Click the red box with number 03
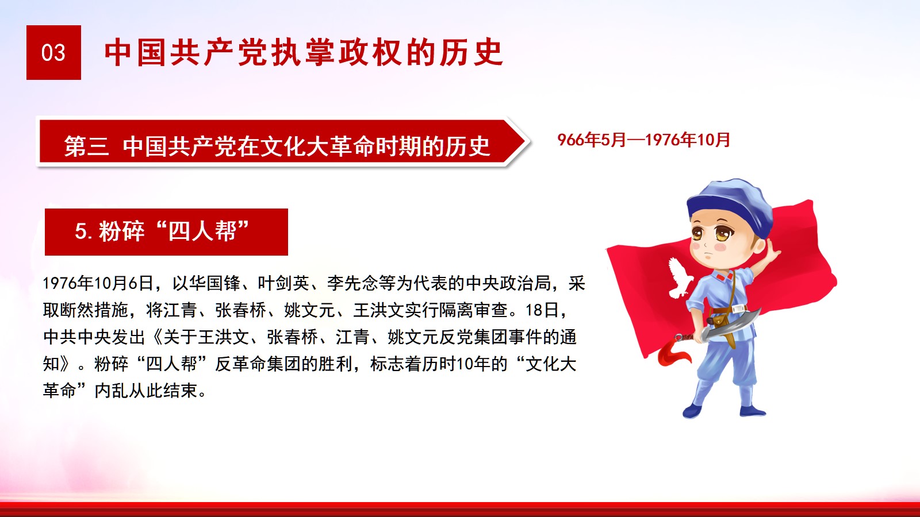pos(54,52)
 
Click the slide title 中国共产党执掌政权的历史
pos(304,52)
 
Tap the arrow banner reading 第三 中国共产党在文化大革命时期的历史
pos(283,143)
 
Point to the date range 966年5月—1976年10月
pos(643,140)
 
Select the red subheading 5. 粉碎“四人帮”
pos(166,232)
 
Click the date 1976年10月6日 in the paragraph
pos(98,283)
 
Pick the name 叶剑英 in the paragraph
pos(283,283)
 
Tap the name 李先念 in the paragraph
pos(352,283)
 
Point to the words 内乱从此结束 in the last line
pos(146,391)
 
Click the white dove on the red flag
pos(679,277)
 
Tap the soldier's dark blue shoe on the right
pos(753,411)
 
